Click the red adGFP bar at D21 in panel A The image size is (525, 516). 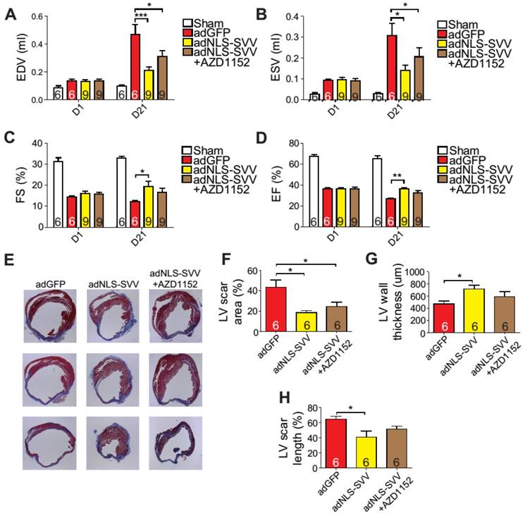tap(134, 67)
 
